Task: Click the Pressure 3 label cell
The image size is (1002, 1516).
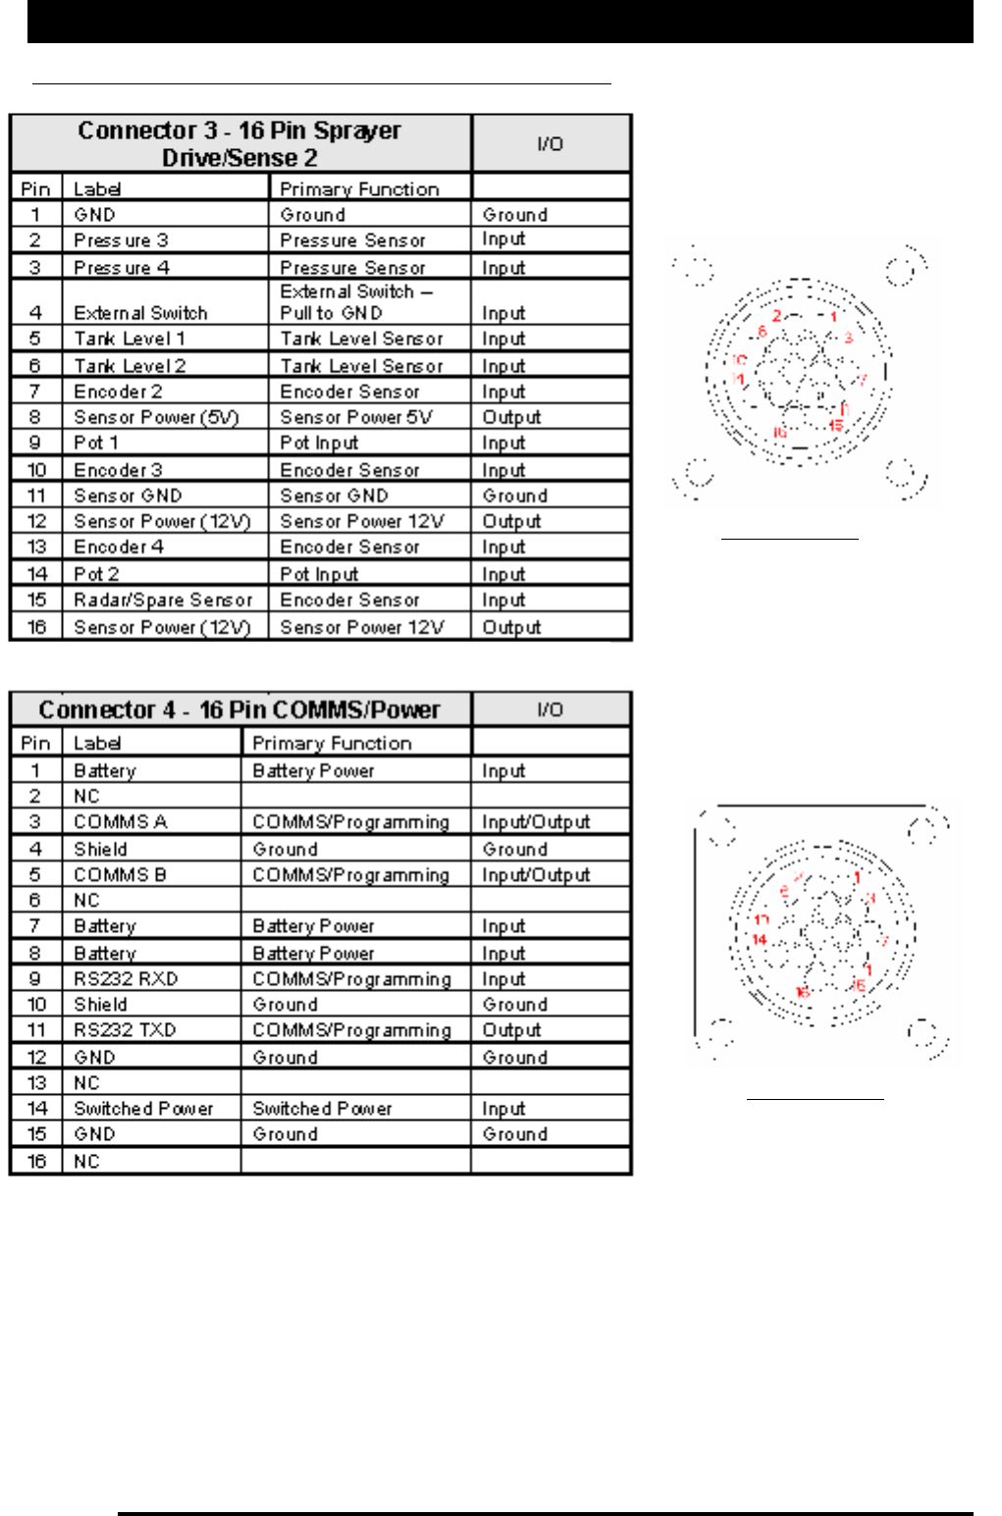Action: (122, 240)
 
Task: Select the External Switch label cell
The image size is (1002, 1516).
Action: (141, 313)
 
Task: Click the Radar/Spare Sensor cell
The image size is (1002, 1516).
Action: (164, 600)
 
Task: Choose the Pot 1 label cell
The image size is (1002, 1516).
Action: (96, 443)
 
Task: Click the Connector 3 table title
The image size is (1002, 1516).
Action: (239, 143)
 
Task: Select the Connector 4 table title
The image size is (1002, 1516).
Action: (239, 709)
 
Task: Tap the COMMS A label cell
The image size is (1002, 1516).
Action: (121, 821)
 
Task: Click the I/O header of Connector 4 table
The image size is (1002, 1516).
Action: (550, 709)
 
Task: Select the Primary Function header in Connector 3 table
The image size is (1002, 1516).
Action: (359, 189)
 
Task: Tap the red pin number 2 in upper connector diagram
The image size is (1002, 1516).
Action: (776, 316)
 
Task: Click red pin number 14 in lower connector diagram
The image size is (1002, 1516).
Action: (759, 939)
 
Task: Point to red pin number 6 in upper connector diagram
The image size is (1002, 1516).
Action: (762, 332)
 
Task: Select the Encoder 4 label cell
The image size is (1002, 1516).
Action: (119, 547)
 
